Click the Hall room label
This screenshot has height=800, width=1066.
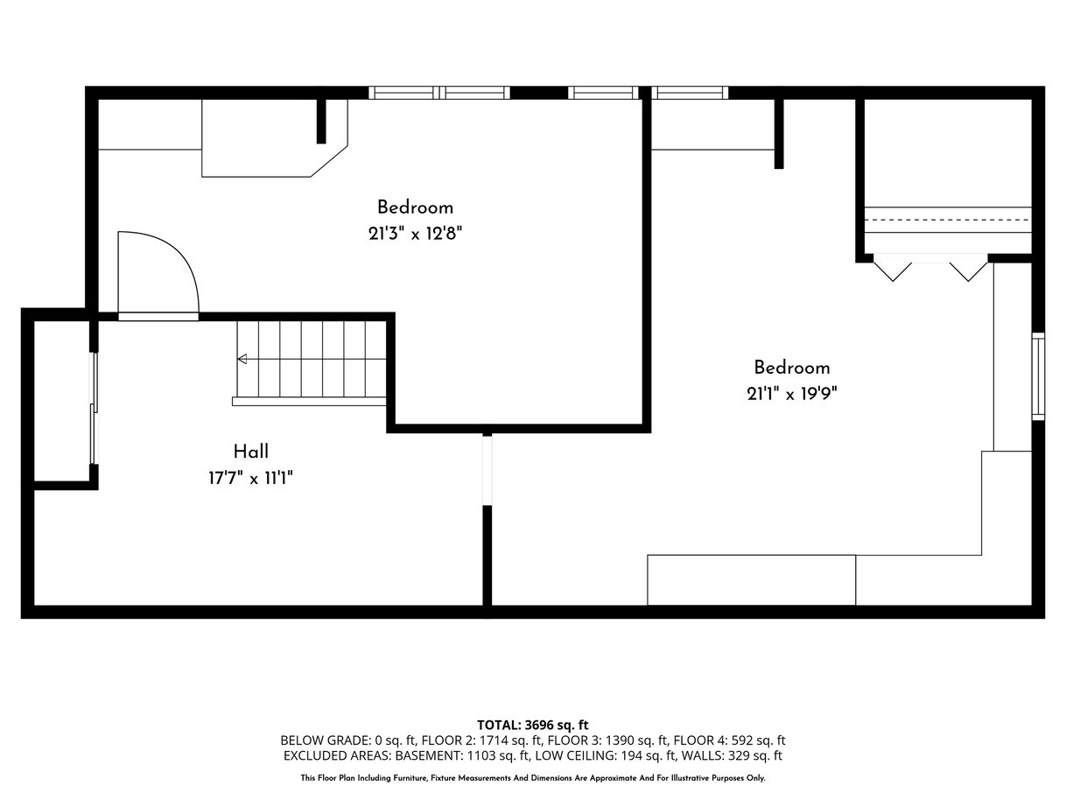[250, 452]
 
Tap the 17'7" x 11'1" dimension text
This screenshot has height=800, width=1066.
[250, 479]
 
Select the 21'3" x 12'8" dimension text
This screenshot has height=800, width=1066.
[415, 235]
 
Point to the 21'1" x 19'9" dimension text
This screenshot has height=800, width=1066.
[791, 394]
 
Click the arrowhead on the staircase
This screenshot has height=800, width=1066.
[242, 359]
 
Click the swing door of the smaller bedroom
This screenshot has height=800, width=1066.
[158, 276]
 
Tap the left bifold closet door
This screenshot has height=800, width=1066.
[893, 271]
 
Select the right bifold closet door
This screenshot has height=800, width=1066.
[968, 271]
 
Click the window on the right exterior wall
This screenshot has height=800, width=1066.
[1038, 376]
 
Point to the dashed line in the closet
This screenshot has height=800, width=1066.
[948, 220]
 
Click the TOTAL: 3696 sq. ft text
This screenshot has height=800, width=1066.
[532, 726]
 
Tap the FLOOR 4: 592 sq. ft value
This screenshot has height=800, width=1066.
[729, 740]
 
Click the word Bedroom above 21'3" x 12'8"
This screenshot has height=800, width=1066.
[415, 207]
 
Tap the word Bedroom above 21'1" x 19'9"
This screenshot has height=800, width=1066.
[791, 368]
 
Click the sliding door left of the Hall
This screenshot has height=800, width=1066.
[95, 408]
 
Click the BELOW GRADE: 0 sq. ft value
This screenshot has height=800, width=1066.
[347, 740]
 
